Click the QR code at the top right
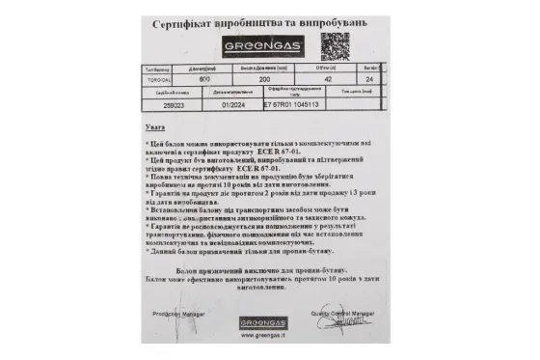[x=336, y=45]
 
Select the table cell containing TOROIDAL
[x=158, y=81]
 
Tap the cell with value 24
[x=371, y=81]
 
